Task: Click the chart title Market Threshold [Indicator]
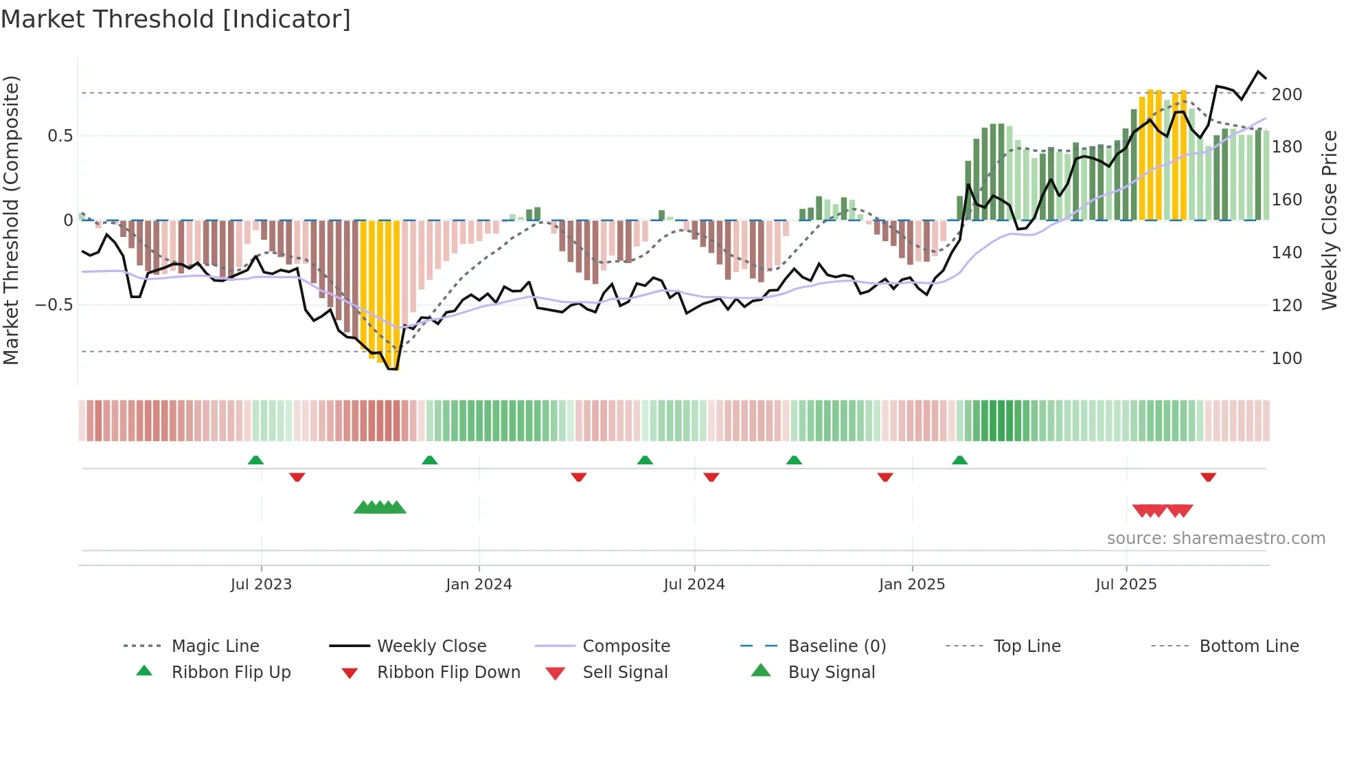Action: [x=176, y=19]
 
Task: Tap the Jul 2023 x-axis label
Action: [x=261, y=584]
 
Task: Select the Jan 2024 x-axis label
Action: [x=479, y=584]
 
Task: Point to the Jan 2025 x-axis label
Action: [x=912, y=584]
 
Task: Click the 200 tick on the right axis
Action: [x=1286, y=94]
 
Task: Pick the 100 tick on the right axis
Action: [x=1286, y=358]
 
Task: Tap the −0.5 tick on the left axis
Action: [x=54, y=304]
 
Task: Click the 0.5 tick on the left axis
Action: [x=60, y=135]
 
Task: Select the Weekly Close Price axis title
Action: [x=1330, y=220]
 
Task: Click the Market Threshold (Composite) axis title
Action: [x=11, y=220]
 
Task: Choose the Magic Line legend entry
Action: [x=215, y=646]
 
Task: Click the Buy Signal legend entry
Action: [x=831, y=672]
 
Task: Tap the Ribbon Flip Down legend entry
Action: [x=448, y=672]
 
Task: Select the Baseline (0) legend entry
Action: [x=836, y=646]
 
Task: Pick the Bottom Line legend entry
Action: [x=1248, y=646]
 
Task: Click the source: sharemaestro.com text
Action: [x=1216, y=538]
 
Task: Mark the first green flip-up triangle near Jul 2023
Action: [x=255, y=460]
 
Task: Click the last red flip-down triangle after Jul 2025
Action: [x=1208, y=477]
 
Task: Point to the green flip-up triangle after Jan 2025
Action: [x=959, y=460]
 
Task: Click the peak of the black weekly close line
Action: [x=1258, y=71]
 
